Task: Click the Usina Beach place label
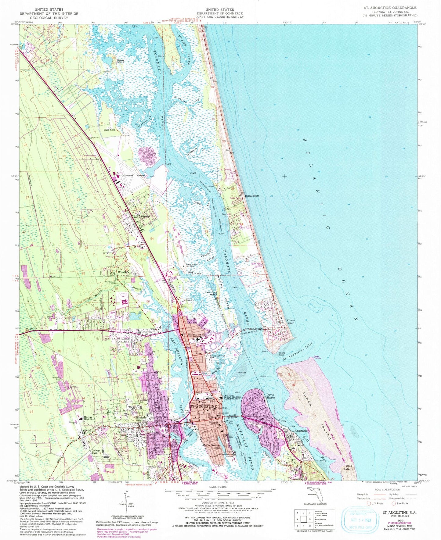click(252, 196)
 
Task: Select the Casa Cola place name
click(110, 130)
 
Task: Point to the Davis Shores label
click(271, 396)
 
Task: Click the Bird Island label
click(349, 467)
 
